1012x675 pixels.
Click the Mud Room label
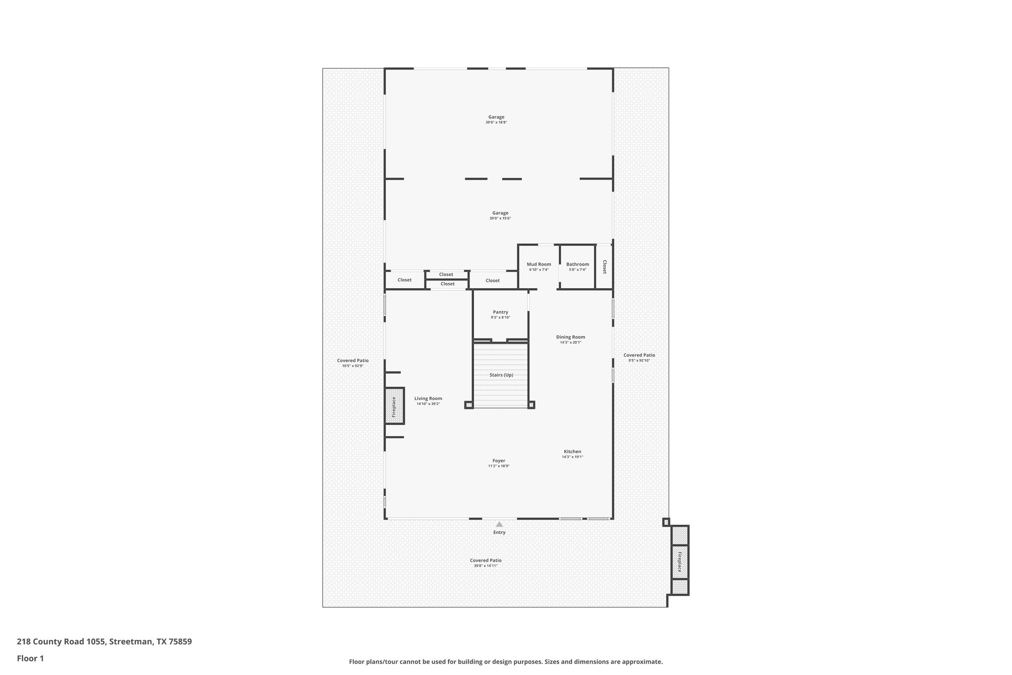point(539,264)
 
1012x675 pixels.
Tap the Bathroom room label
point(577,264)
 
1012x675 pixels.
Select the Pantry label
point(500,312)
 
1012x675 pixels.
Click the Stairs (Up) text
point(501,375)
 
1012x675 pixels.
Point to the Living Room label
point(428,398)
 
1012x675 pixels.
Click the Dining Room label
point(570,337)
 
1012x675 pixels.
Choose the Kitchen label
point(572,451)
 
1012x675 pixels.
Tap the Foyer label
point(499,460)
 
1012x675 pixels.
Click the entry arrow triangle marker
point(499,524)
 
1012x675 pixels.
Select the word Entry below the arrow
point(499,533)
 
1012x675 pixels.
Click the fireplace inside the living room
point(394,406)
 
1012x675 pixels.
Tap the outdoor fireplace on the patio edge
point(679,561)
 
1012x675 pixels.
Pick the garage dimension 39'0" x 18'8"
point(496,122)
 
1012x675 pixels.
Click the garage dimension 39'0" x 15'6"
point(500,218)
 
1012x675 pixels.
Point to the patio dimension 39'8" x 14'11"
point(485,565)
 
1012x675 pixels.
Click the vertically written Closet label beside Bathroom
point(604,267)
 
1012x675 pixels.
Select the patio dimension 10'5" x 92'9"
point(352,366)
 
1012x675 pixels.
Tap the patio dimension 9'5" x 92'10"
point(639,360)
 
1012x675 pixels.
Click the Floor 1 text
point(30,658)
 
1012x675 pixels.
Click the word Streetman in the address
point(130,642)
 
